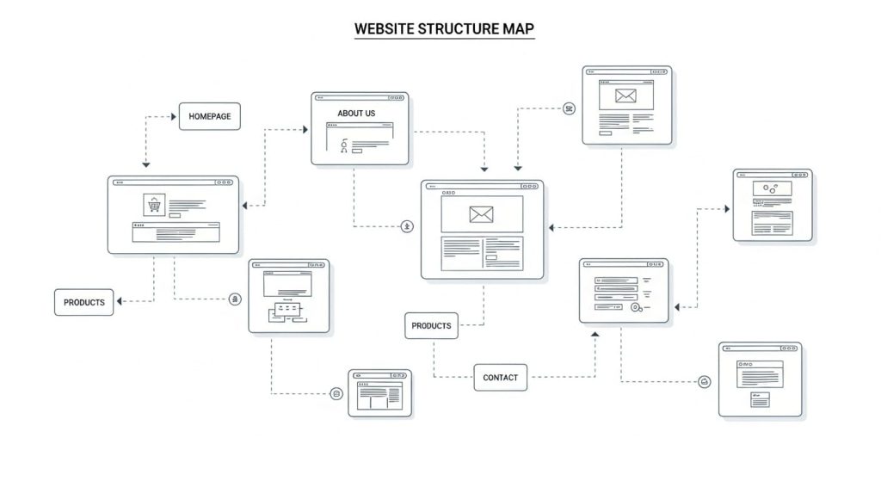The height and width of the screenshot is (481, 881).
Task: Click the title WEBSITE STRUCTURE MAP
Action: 444,28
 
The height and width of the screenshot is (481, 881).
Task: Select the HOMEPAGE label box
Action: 209,116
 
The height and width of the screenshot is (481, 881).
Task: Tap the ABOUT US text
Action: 356,114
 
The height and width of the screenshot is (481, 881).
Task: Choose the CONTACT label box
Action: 500,377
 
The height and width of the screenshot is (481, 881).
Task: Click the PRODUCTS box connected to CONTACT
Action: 431,326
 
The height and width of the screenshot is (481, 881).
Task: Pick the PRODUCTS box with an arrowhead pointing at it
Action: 83,302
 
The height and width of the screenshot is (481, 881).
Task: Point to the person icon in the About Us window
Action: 344,146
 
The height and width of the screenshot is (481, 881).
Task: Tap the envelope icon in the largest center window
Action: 481,214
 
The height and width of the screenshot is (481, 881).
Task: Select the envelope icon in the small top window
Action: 624,96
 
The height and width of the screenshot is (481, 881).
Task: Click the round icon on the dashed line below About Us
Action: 407,226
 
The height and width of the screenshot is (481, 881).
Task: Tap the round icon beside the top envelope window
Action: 568,108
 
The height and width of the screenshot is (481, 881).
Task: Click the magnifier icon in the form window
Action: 636,307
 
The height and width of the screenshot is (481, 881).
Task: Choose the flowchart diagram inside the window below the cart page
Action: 287,311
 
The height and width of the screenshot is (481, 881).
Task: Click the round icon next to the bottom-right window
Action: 705,381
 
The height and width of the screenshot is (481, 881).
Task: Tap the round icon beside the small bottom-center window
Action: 336,393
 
